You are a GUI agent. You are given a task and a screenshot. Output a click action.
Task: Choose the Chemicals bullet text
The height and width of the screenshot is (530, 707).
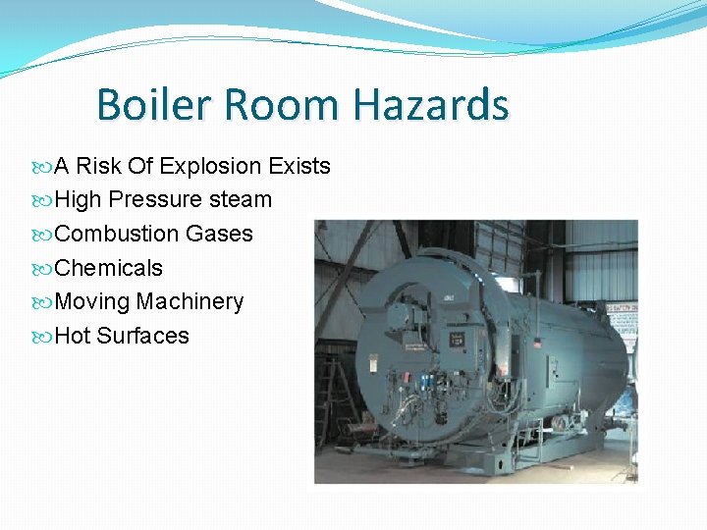tap(109, 268)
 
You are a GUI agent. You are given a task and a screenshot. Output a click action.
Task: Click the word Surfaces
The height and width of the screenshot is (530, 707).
tap(142, 336)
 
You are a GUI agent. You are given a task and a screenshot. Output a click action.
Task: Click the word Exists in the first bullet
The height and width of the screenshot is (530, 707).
tap(299, 166)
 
